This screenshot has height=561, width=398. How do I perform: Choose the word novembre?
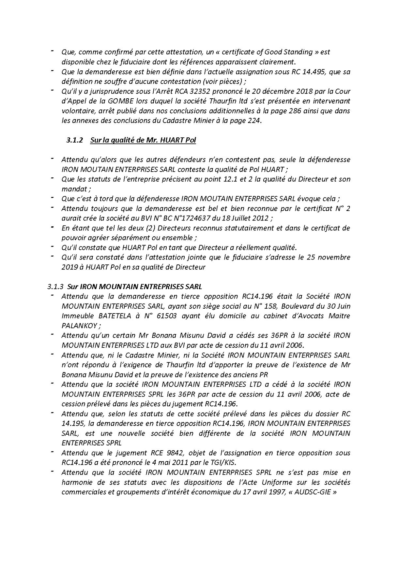[335, 257]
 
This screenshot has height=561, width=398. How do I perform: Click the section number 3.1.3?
[56, 287]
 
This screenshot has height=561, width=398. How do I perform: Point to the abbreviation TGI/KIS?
[226, 463]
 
